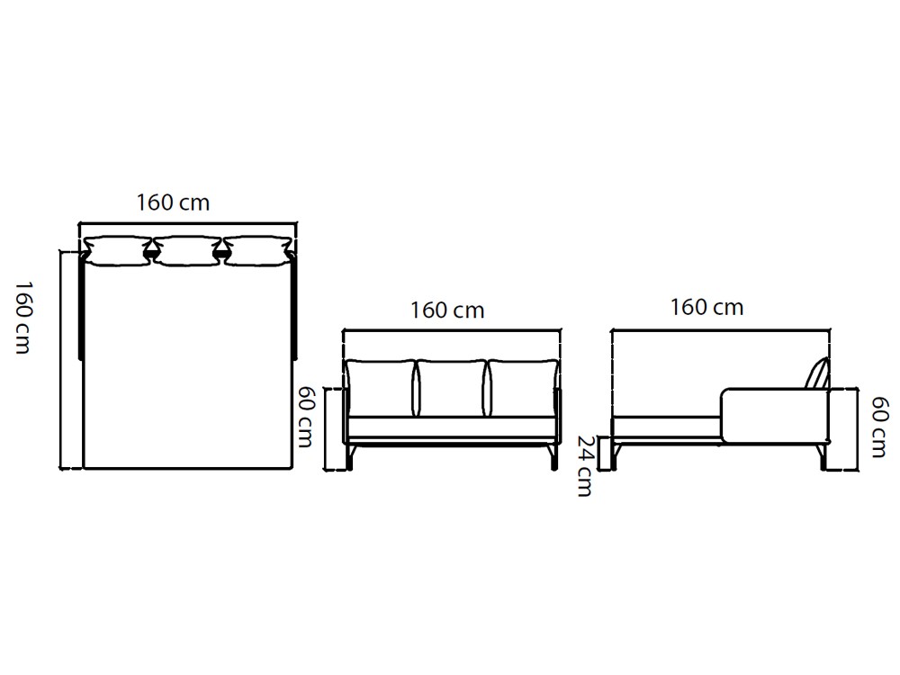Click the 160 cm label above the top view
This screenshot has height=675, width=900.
tap(173, 202)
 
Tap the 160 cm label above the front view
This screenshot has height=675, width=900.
tap(447, 310)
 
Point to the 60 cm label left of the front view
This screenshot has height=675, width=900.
tap(307, 418)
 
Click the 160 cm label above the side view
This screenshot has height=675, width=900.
tap(706, 308)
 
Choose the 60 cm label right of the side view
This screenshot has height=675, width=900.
tap(880, 427)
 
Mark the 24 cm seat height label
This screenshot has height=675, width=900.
tap(585, 465)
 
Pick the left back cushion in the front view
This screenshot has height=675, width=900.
tap(381, 388)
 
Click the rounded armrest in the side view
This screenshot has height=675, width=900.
tap(774, 416)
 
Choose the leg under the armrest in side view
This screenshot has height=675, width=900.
tap(821, 456)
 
